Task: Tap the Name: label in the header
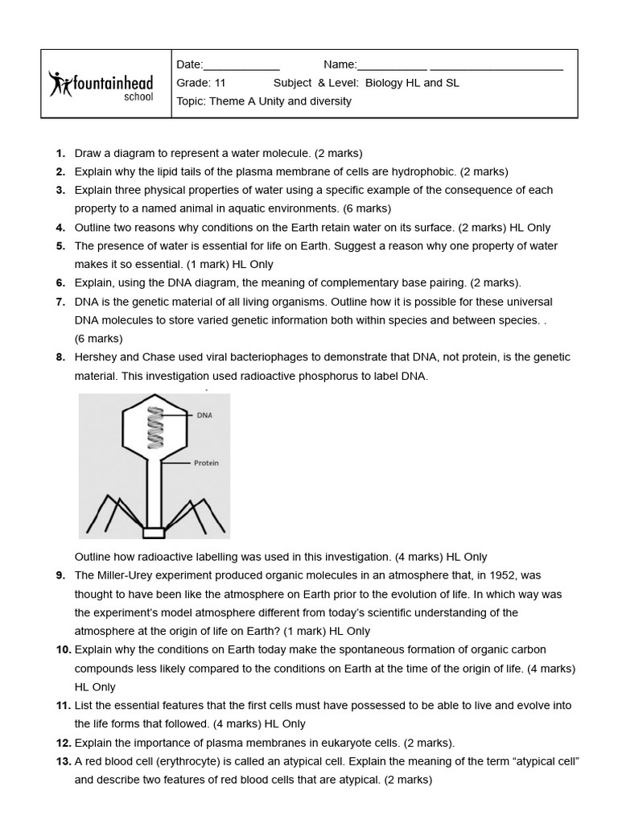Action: tap(340, 65)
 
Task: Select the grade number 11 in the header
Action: tap(219, 83)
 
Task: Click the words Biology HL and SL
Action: tap(412, 83)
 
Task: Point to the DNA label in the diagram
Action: tap(204, 416)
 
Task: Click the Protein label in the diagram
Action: tap(206, 463)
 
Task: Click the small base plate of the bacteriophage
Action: tap(154, 532)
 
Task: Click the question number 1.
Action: tap(60, 153)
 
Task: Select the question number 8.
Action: tap(60, 357)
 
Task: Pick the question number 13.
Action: tap(64, 761)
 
